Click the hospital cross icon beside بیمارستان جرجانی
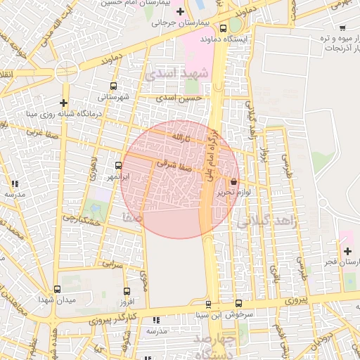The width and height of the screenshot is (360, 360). pyautogui.click(x=181, y=11)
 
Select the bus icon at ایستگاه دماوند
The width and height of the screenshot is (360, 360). pyautogui.click(x=223, y=29)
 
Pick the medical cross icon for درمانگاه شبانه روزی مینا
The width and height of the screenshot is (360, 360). pyautogui.click(x=63, y=103)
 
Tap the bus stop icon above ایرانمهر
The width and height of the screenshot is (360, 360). pyautogui.click(x=118, y=167)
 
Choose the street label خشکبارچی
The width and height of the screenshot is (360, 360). pyautogui.click(x=78, y=219)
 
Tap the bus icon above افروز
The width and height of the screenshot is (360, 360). pyautogui.click(x=127, y=292)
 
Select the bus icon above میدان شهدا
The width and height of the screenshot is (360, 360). pyautogui.click(x=57, y=289)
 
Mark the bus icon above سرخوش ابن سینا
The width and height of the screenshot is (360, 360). pyautogui.click(x=208, y=304)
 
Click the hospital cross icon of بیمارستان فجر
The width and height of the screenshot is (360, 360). pyautogui.click(x=347, y=251)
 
